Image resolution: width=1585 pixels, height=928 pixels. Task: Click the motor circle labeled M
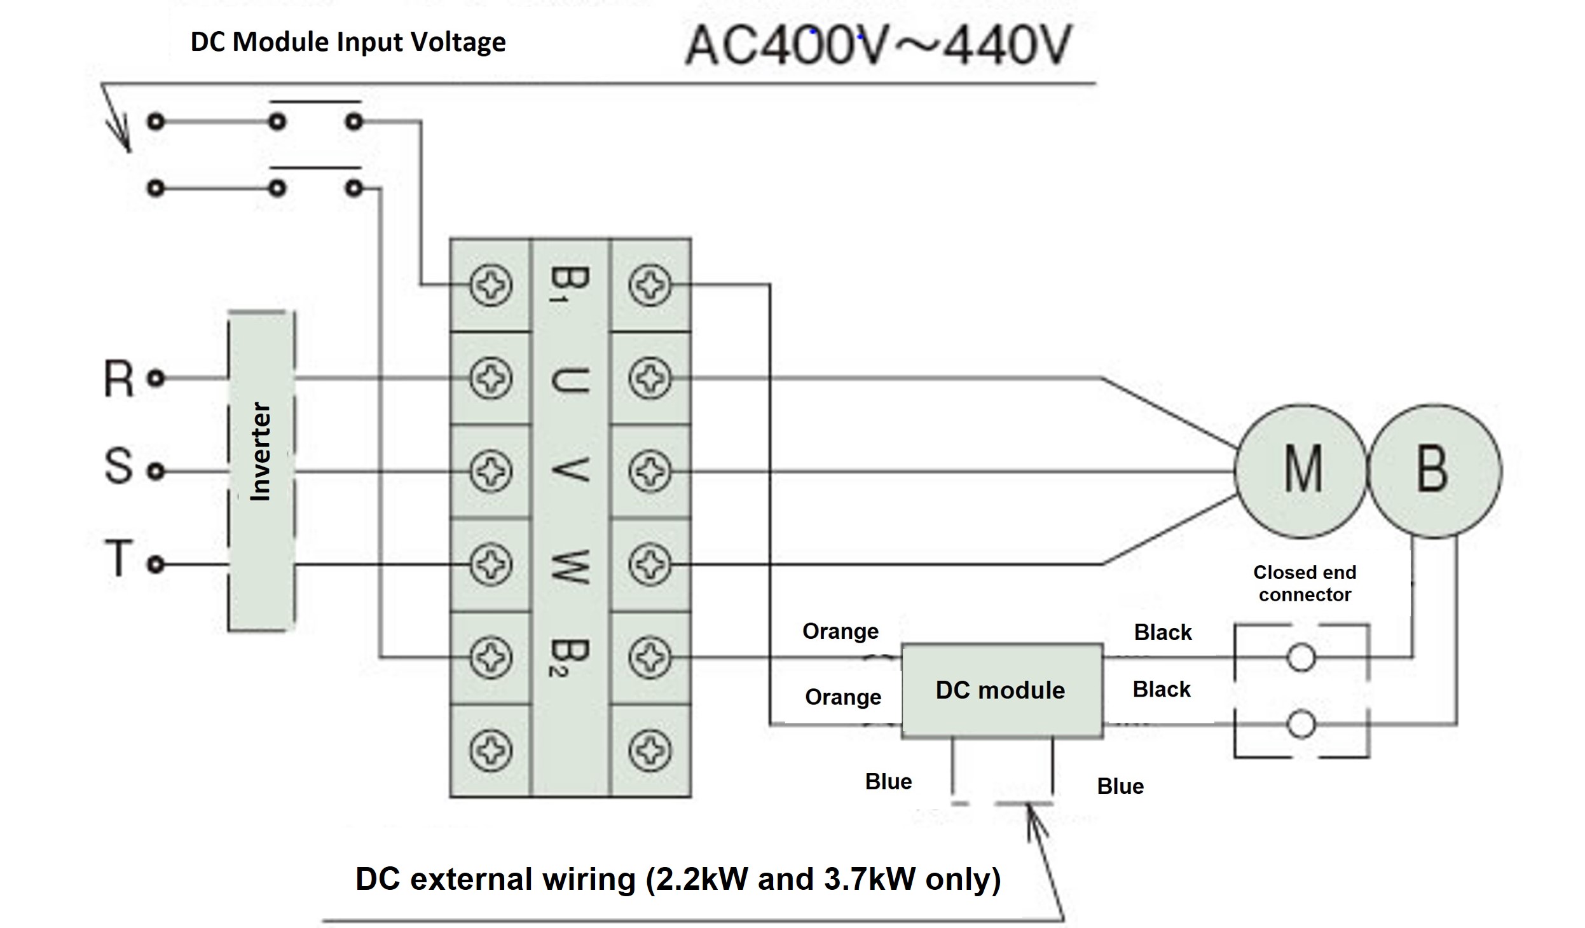1301,471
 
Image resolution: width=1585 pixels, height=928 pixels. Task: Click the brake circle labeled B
1434,471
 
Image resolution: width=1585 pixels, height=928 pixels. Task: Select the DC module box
1001,690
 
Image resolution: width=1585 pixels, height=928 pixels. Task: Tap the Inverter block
261,471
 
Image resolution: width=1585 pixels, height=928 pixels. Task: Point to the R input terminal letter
119,379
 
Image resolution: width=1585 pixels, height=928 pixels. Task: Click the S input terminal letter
119,466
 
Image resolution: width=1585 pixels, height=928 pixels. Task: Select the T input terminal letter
119,559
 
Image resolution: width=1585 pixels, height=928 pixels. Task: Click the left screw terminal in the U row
491,378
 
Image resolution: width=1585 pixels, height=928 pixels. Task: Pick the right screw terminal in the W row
650,564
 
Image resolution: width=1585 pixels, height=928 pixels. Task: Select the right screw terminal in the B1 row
650,285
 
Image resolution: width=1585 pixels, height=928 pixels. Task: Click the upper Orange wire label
841,631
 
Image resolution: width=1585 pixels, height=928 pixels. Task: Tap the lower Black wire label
1162,689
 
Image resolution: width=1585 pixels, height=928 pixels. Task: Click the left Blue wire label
888,781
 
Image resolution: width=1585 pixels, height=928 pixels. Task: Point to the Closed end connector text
1305,583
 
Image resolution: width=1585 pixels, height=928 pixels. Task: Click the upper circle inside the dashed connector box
1301,658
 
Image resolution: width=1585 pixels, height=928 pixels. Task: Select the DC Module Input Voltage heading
348,42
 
